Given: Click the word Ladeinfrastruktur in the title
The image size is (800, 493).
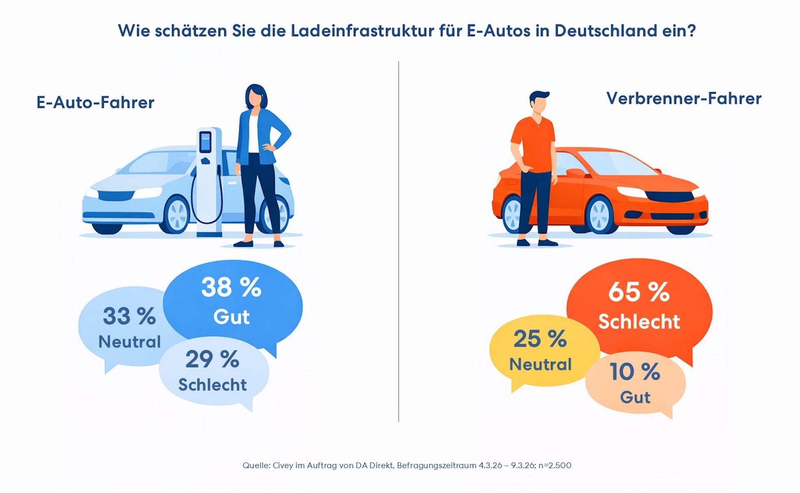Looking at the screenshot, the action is click(x=362, y=31).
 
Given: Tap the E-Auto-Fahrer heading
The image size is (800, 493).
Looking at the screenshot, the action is click(x=95, y=102).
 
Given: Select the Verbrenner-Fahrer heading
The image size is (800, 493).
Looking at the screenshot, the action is click(x=684, y=99).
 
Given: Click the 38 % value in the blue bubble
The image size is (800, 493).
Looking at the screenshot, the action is click(x=231, y=287).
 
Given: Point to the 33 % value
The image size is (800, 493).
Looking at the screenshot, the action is click(x=129, y=316).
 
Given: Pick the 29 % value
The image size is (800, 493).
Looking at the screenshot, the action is click(x=212, y=359).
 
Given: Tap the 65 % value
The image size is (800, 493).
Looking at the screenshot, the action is click(x=639, y=292).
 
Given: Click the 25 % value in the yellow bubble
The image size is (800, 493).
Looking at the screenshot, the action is click(x=540, y=339).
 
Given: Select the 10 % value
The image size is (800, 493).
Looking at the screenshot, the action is click(x=635, y=371).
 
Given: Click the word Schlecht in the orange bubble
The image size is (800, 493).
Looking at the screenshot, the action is click(x=639, y=322).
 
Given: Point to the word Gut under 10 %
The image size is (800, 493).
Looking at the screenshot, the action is click(x=635, y=397).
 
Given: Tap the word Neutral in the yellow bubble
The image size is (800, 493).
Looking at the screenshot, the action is click(x=540, y=365).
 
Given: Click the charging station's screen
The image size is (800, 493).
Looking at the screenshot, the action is click(x=205, y=142).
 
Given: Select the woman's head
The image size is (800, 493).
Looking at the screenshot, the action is click(x=255, y=97).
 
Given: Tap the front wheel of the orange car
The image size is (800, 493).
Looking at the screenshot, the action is click(x=600, y=216).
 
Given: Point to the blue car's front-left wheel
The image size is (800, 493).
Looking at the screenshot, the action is click(x=177, y=215).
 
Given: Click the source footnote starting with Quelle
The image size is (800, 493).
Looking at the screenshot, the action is click(x=407, y=465).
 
